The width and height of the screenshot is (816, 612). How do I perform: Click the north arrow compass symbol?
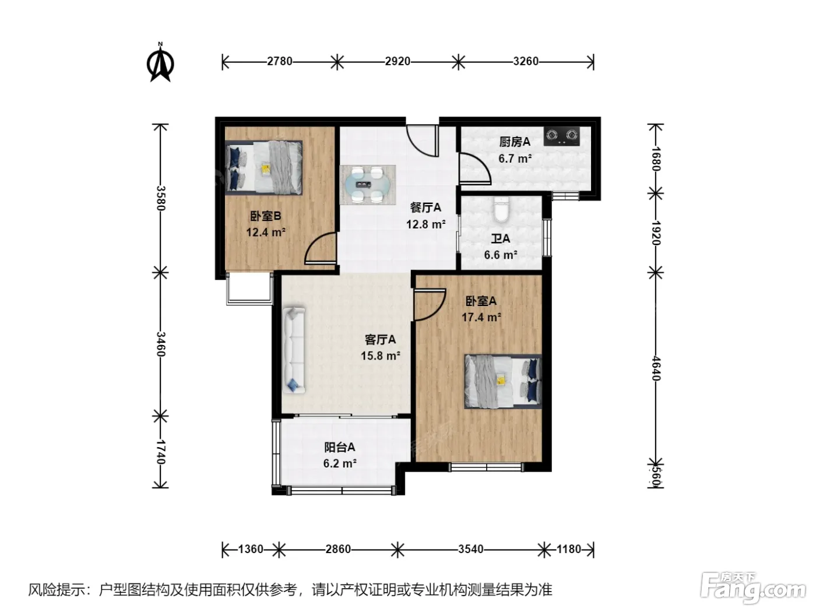click(x=160, y=62)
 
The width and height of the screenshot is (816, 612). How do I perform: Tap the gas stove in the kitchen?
click(x=561, y=136)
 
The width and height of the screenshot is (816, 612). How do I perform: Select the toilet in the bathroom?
click(x=501, y=210)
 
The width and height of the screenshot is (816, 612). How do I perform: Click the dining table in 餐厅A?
click(x=367, y=185)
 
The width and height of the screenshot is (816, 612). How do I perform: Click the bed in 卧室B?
click(x=263, y=168)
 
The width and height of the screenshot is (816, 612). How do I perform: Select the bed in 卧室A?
click(x=502, y=382)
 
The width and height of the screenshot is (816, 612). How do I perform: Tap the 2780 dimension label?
click(x=280, y=61)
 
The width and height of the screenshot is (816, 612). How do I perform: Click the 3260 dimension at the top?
click(x=526, y=61)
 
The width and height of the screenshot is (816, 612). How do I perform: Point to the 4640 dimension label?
click(x=655, y=368)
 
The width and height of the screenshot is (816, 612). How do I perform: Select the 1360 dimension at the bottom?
click(x=251, y=549)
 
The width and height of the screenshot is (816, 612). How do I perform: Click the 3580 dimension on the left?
click(x=161, y=198)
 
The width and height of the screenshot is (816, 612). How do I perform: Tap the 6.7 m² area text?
click(x=515, y=159)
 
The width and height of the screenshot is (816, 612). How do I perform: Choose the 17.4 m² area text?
click(x=481, y=317)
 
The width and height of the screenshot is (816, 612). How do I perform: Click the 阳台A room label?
click(x=339, y=448)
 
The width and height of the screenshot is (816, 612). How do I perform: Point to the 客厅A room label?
click(x=380, y=340)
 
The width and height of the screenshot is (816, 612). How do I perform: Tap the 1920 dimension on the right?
click(x=655, y=233)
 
